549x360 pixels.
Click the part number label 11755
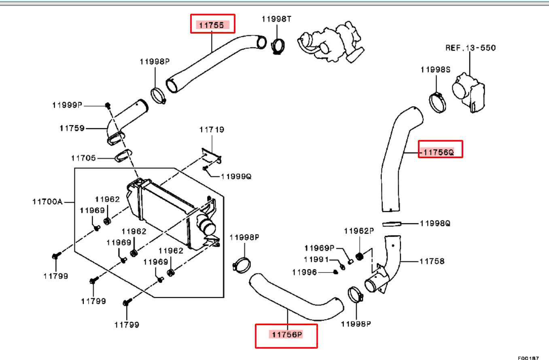click(x=212, y=25)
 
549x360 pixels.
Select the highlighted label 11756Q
click(x=439, y=152)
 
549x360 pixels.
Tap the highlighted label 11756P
click(x=287, y=335)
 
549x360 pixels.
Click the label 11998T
click(x=276, y=19)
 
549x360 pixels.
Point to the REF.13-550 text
click(x=471, y=48)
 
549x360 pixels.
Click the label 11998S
click(x=436, y=70)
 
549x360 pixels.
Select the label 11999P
click(x=67, y=105)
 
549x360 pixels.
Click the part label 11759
click(x=72, y=128)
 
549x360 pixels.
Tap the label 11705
click(x=83, y=158)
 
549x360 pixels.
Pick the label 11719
click(x=212, y=129)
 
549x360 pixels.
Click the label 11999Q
click(x=236, y=176)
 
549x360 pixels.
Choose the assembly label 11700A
click(x=48, y=202)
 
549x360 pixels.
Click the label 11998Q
click(x=435, y=224)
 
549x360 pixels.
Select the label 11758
click(x=432, y=261)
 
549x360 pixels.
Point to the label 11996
click(x=305, y=272)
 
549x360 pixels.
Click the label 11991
click(x=316, y=259)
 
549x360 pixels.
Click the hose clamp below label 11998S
click(x=437, y=102)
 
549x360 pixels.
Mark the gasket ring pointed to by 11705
click(x=123, y=156)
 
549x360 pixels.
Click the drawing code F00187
click(x=528, y=358)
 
